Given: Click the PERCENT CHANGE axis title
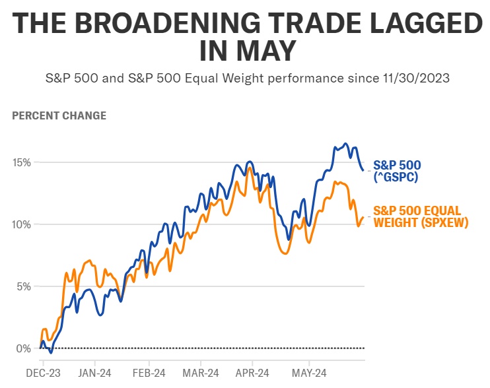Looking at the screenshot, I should tap(59, 115).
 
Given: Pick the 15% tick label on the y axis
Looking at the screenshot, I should tap(23, 162).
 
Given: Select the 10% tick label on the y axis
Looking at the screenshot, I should tap(23, 224).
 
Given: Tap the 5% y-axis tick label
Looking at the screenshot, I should tap(25, 286).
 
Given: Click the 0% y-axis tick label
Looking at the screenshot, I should tap(25, 348).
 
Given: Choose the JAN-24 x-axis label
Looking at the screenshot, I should tap(94, 373).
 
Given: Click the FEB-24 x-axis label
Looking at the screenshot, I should tap(149, 373).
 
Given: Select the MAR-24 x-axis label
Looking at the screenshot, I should tap(201, 373).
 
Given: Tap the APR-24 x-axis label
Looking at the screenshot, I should tap(252, 373).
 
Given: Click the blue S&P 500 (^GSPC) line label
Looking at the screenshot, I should tap(398, 171).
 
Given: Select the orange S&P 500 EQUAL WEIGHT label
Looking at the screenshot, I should tap(420, 216).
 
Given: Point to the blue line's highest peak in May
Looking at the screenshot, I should tap(345, 143).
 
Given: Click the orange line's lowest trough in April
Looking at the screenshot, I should tap(285, 253).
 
